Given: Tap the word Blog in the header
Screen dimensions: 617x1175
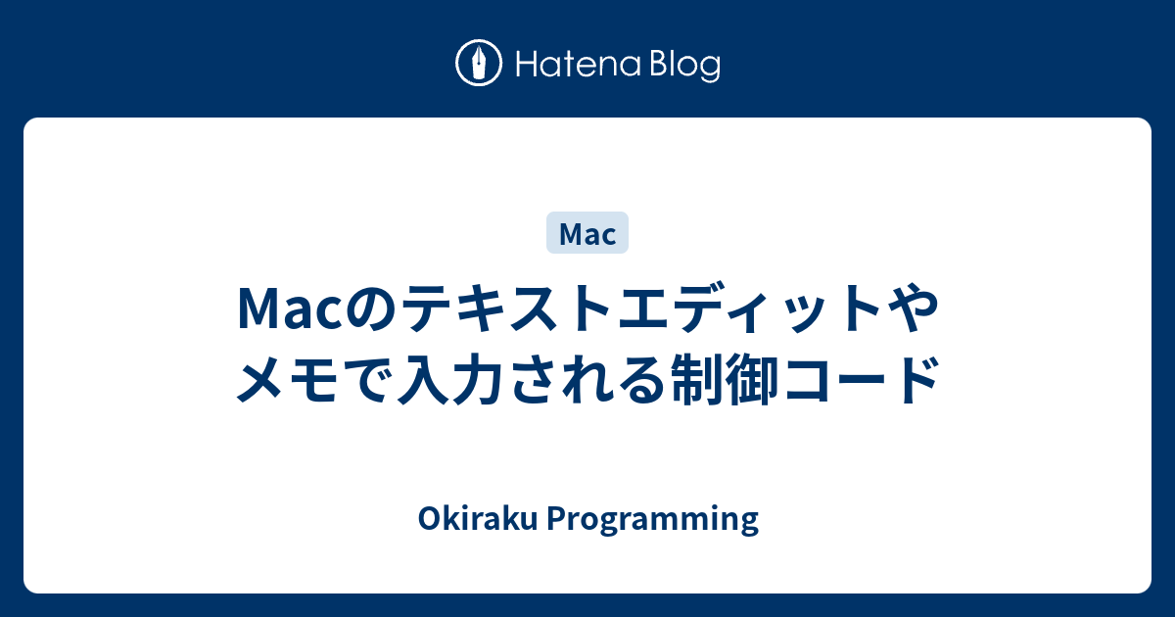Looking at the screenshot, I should click(x=683, y=66).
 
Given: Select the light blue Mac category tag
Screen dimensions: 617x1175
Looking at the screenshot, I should click(x=587, y=234).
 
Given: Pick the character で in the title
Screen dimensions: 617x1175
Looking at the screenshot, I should click(x=367, y=381).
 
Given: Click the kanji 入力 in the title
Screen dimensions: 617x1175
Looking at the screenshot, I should click(x=453, y=381).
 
